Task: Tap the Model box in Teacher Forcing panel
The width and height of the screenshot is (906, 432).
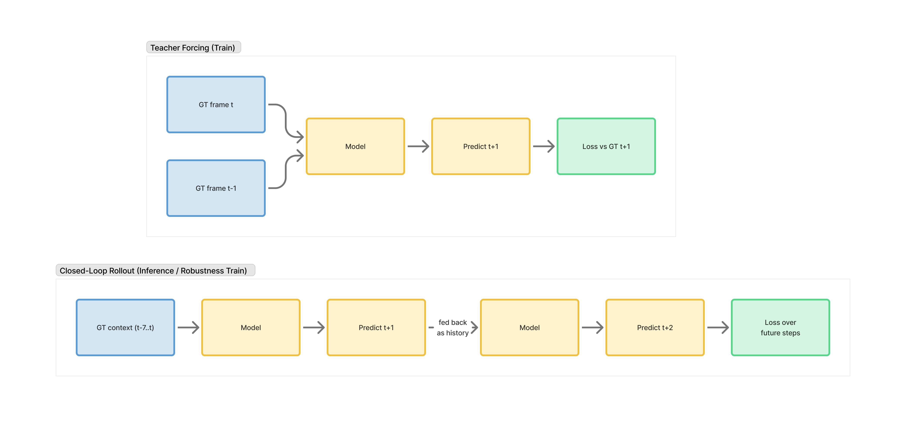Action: pos(355,146)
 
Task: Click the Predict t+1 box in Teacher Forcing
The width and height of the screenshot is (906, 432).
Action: pos(480,146)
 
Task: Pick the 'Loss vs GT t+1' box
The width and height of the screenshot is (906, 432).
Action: pos(606,146)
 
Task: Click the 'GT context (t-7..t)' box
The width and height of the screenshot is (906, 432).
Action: pos(125,327)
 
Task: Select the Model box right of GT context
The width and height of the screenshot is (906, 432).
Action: pos(251,327)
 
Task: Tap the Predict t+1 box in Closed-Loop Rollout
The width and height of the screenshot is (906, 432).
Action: pos(376,327)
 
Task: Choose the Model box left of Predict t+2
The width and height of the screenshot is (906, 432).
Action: pos(529,327)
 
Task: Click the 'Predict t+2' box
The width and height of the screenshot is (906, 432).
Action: pos(654,327)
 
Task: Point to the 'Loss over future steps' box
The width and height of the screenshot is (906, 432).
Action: pos(780,327)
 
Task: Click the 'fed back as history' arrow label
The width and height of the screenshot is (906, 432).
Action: pos(453,327)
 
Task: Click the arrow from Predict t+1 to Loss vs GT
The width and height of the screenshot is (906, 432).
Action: pos(543,146)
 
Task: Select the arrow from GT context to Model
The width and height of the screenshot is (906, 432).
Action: pos(188,327)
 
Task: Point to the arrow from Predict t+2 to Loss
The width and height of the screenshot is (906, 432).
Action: pos(717,327)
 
